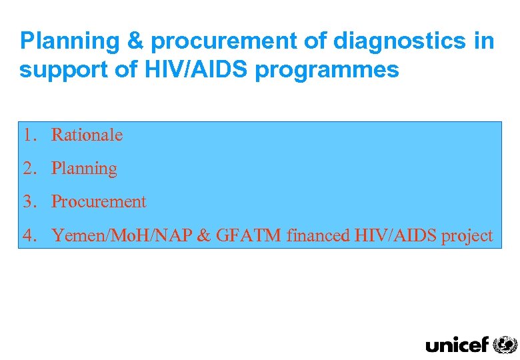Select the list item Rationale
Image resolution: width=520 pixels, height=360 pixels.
87,135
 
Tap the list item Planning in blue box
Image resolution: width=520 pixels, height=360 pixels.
84,169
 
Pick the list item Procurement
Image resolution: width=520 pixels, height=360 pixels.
99,201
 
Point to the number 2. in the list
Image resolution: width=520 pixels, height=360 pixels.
29,168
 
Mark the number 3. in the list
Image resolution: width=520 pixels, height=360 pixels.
29,201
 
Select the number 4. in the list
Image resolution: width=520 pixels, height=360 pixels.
29,235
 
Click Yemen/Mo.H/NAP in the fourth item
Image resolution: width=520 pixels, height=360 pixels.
125,235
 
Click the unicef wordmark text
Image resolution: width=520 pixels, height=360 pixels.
457,344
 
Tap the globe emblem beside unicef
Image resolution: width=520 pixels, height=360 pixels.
505,344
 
